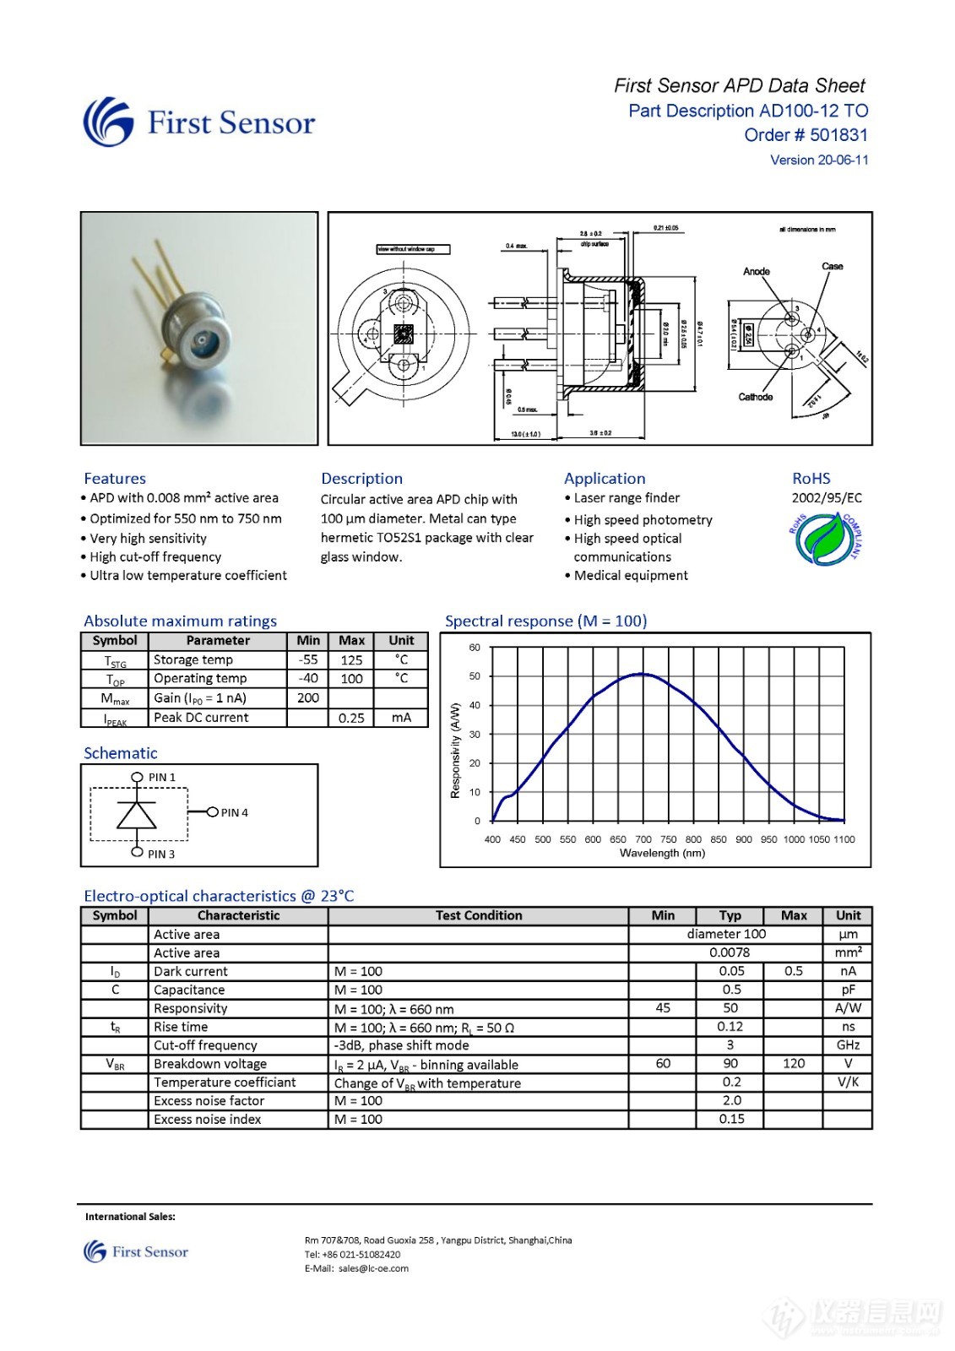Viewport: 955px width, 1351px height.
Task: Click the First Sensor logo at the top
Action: (x=198, y=122)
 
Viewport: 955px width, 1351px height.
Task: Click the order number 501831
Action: (x=838, y=135)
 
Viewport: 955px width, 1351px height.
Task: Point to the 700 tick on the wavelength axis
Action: (x=643, y=839)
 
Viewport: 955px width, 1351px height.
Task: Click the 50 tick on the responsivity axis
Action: (x=475, y=676)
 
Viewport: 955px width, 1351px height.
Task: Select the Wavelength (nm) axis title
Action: (x=662, y=853)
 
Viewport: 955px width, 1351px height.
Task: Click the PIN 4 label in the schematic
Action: (x=235, y=813)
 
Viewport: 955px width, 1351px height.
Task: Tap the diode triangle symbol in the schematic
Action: (x=137, y=815)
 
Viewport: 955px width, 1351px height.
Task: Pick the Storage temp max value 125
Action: (x=351, y=660)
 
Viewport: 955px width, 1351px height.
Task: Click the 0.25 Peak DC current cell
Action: (x=351, y=718)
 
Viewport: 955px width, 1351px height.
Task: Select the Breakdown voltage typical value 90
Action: (x=730, y=1064)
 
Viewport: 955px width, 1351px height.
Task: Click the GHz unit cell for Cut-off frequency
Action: (x=848, y=1045)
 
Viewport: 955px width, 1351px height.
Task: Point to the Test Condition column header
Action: (x=479, y=915)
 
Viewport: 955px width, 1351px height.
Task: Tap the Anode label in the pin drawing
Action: (x=756, y=271)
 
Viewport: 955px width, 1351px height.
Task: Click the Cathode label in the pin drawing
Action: (x=755, y=397)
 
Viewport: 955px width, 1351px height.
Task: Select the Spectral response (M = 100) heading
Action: (x=545, y=621)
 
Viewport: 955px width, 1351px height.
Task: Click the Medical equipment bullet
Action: (x=630, y=576)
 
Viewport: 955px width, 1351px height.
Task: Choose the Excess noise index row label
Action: (x=208, y=1120)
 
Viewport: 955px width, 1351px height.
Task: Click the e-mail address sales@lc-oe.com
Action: (x=373, y=1268)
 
